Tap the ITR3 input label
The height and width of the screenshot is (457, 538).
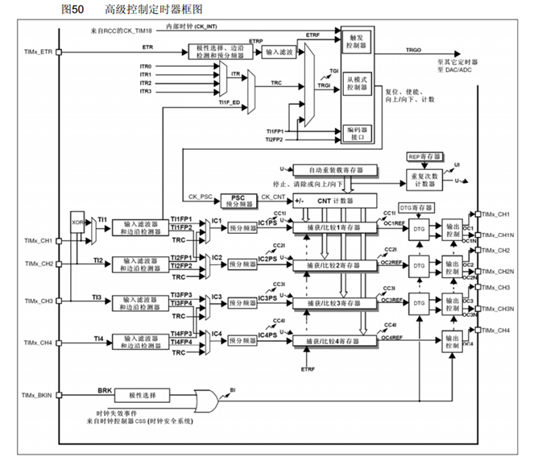tap(146, 91)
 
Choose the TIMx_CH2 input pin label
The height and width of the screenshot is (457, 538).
tap(35, 264)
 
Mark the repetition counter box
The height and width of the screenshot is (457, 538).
tap(424, 178)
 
